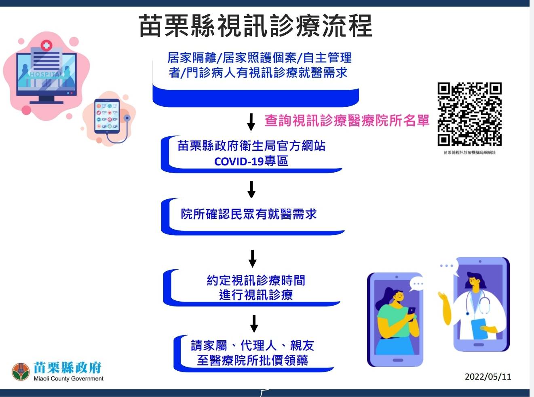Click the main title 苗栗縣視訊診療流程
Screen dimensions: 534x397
click(255, 25)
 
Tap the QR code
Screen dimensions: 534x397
click(469, 114)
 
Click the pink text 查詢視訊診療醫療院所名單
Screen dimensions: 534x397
click(347, 120)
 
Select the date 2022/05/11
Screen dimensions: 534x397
click(488, 376)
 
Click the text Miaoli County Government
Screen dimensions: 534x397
click(69, 378)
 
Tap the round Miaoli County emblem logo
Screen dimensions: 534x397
click(21, 372)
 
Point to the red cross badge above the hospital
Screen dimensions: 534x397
click(46, 45)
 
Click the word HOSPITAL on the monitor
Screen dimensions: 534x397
click(46, 74)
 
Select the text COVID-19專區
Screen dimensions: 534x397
click(251, 161)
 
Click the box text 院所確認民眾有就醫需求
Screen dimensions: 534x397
click(249, 214)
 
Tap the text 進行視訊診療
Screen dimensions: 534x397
click(256, 295)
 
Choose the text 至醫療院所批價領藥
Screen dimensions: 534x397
click(253, 360)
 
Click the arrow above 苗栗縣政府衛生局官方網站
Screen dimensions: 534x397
click(251, 122)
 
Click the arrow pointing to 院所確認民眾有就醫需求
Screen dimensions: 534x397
click(251, 190)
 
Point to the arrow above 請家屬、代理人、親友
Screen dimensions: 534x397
click(254, 323)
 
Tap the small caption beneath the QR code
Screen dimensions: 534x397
click(470, 152)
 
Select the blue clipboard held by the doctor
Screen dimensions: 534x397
click(479, 329)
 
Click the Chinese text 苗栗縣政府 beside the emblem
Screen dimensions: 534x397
click(68, 367)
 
